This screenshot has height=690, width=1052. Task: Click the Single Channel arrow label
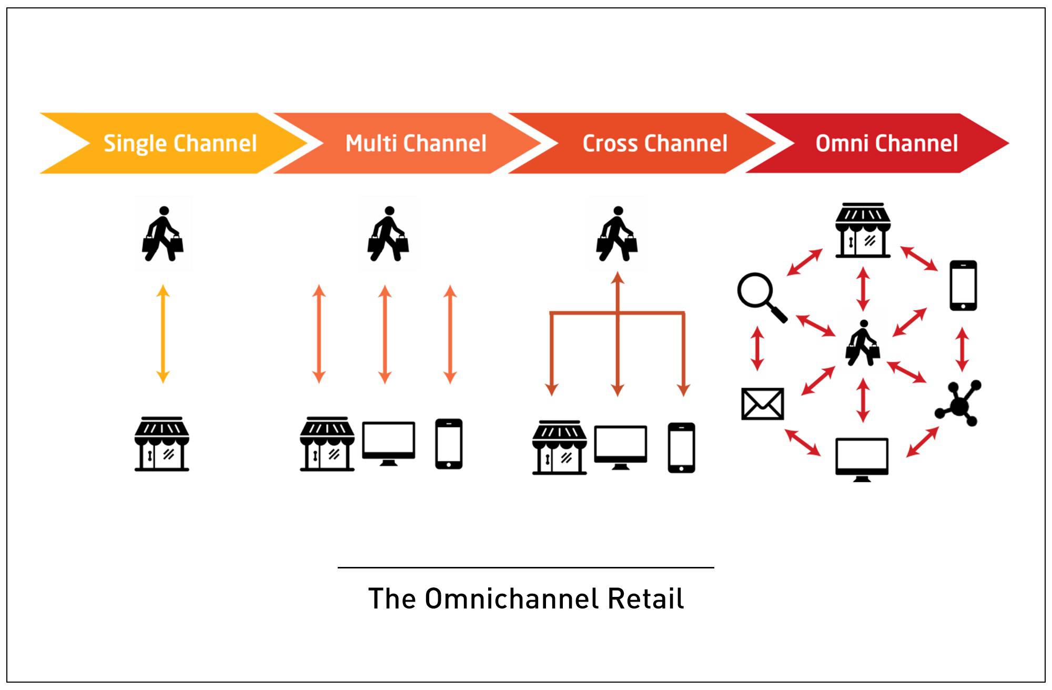pyautogui.click(x=180, y=143)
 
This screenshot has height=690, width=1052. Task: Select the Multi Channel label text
pyautogui.click(x=416, y=143)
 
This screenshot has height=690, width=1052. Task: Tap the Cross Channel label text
pyautogui.click(x=655, y=143)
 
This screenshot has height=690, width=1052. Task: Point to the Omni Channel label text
pyautogui.click(x=886, y=143)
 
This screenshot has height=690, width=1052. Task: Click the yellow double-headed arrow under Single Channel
pyautogui.click(x=163, y=333)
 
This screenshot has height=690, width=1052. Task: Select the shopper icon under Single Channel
pyautogui.click(x=163, y=234)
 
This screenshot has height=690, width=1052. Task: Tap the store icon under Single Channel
pyautogui.click(x=162, y=444)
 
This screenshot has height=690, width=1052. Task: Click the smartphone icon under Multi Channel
pyautogui.click(x=449, y=443)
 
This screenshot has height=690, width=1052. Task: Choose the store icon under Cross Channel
pyautogui.click(x=559, y=448)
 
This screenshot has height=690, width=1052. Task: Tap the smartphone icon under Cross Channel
pyautogui.click(x=681, y=448)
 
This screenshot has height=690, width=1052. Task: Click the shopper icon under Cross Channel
pyautogui.click(x=617, y=234)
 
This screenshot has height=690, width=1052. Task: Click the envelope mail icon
pyautogui.click(x=762, y=404)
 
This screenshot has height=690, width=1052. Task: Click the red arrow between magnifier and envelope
pyautogui.click(x=757, y=348)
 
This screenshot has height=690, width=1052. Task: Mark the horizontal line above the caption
pyautogui.click(x=526, y=567)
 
